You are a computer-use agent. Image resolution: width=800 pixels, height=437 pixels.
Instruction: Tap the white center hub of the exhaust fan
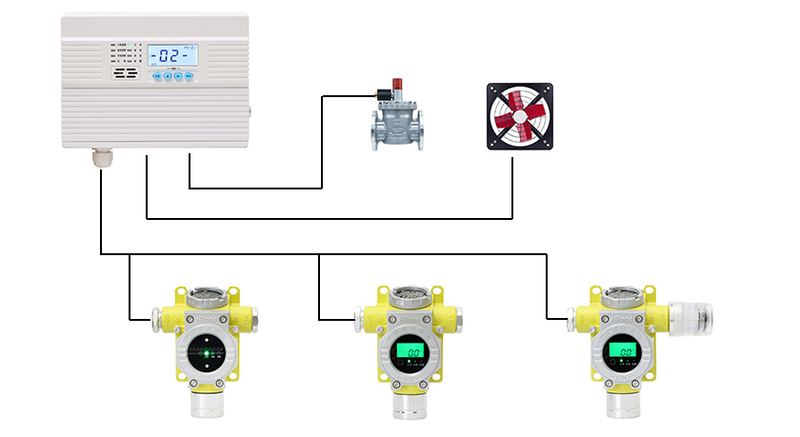(519, 116)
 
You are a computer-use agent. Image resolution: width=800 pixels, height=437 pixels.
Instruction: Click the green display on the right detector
(624, 352)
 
